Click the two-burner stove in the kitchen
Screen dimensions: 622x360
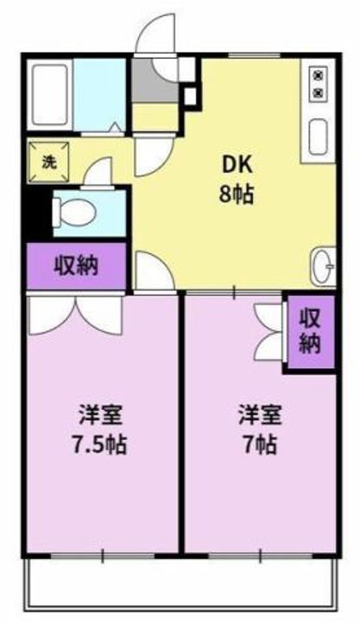(319, 82)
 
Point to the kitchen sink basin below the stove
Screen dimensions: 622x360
(319, 133)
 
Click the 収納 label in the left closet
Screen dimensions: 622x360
(76, 265)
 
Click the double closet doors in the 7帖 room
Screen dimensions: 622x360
(269, 333)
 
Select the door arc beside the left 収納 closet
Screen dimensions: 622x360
(152, 272)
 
